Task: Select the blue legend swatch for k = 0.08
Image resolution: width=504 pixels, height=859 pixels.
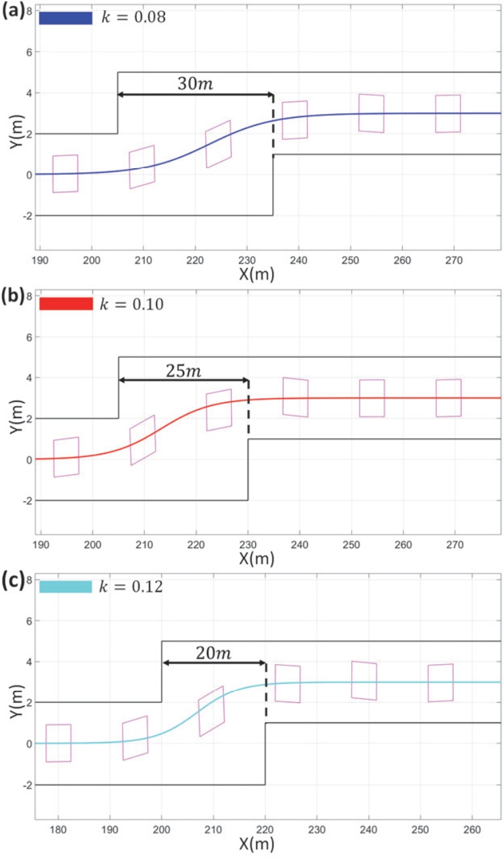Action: (x=65, y=18)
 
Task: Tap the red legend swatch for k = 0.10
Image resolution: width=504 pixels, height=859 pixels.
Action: (x=65, y=304)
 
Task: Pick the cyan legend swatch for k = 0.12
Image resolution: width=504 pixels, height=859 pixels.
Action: (x=65, y=588)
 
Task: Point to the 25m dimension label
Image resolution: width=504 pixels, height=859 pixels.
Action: (x=183, y=369)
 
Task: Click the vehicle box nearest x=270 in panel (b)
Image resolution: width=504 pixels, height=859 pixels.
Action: (x=448, y=398)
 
